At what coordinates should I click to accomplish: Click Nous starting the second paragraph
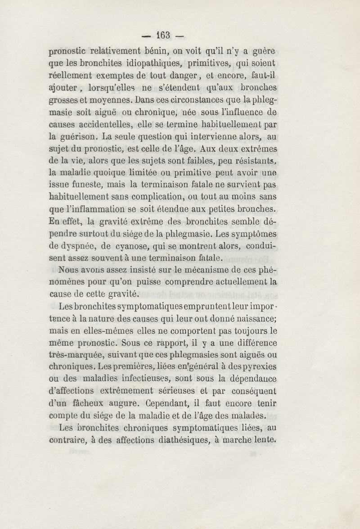coord(69,271)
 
